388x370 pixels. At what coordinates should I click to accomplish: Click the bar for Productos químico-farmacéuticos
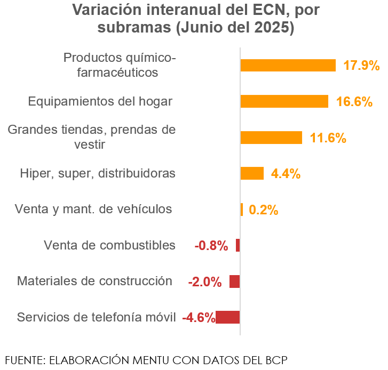coord(288,65)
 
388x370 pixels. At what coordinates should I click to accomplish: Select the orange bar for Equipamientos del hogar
coord(284,101)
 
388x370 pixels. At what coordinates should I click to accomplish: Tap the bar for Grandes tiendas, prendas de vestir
coord(271,138)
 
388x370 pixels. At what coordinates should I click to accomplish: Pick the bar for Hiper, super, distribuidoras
coord(252,173)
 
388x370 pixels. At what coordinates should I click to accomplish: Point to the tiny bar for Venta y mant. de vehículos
coord(242,210)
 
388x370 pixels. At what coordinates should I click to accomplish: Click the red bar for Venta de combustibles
coord(238,245)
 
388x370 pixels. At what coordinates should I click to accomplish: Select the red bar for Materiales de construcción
coord(235,281)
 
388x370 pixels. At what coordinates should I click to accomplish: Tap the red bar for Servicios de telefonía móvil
coord(228,317)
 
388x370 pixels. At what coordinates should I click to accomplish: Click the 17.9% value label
coord(361,66)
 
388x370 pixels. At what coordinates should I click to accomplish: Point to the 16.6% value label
coord(354,102)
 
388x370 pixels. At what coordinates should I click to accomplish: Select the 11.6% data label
coord(328,138)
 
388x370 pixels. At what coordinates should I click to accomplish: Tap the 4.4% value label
coord(286,174)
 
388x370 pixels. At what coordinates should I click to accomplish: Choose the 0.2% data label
coord(264,210)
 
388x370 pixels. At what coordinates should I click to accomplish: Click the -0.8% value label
coord(211,246)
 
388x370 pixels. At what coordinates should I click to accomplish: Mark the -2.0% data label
coord(205,282)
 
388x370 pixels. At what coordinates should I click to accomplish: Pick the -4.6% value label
coord(199,318)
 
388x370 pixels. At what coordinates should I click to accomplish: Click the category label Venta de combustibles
coord(109,245)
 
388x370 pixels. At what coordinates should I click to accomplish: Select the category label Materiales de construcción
coord(94,281)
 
